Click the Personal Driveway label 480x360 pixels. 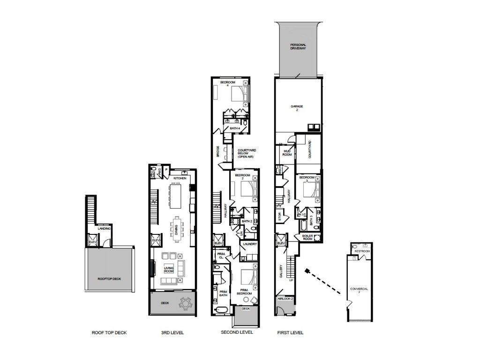click(x=298, y=47)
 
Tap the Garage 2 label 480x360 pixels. click(x=299, y=108)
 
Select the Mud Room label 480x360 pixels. click(x=287, y=152)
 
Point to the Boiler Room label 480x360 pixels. click(x=308, y=237)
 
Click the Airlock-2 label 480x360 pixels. click(x=285, y=299)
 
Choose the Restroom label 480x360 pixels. click(x=362, y=251)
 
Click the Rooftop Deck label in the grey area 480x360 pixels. click(x=109, y=279)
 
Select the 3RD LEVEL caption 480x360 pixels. click(x=172, y=333)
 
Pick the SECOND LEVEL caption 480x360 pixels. click(x=237, y=332)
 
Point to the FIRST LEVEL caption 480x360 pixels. click(x=290, y=333)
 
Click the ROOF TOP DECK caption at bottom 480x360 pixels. click(x=109, y=333)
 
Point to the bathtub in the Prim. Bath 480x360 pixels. click(x=220, y=310)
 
